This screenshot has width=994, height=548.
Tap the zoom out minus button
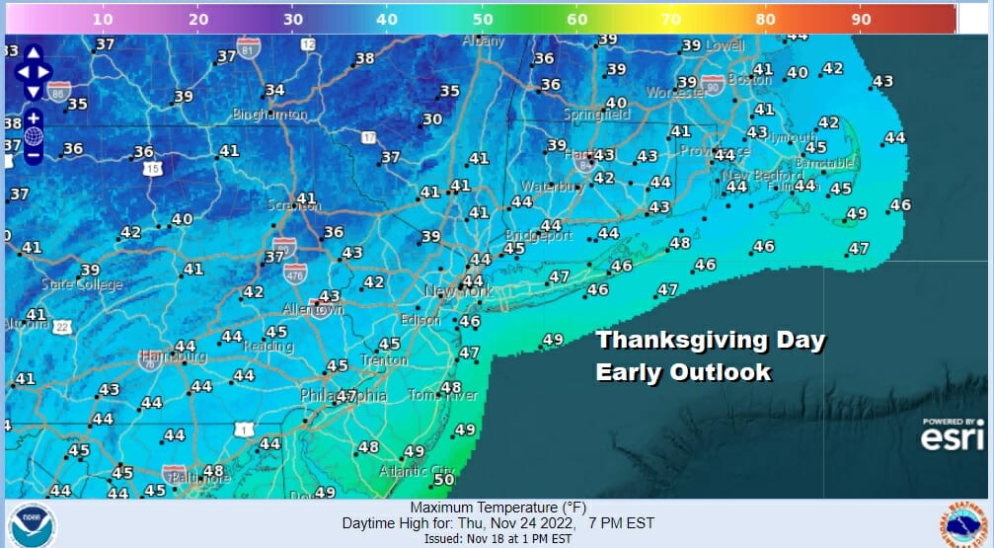[x=33, y=154]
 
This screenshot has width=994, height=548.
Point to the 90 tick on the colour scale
[x=860, y=19]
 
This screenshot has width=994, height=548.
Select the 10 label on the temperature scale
[x=104, y=19]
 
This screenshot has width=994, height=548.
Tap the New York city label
[x=458, y=292]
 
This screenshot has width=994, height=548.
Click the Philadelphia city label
[x=344, y=396]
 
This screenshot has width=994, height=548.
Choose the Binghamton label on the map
[x=269, y=115]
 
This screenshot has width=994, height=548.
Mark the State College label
[x=82, y=284]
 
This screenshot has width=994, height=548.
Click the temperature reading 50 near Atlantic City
[x=444, y=480]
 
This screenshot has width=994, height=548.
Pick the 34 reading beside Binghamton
[x=274, y=90]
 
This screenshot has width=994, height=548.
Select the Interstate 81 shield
[x=251, y=47]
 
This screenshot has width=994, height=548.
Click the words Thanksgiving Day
[x=710, y=341]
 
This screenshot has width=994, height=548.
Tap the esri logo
[x=953, y=434]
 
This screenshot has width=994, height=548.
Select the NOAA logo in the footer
[x=33, y=524]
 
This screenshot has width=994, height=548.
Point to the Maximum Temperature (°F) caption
[x=497, y=508]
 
